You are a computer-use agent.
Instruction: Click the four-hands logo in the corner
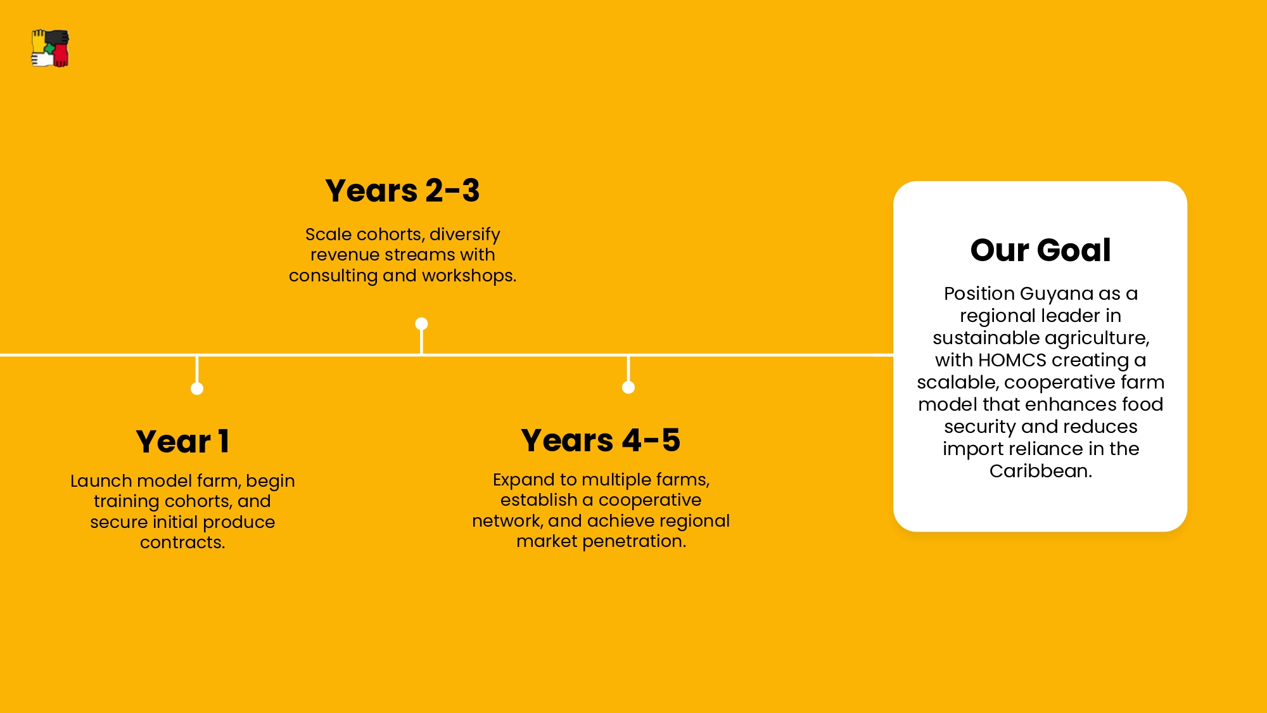coord(50,48)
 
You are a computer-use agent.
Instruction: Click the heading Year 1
coord(182,441)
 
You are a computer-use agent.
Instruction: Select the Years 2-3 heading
coord(402,190)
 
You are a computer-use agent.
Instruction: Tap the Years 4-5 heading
coord(601,440)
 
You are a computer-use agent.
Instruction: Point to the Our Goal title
coord(1040,250)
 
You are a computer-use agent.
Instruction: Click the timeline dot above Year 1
coord(197,389)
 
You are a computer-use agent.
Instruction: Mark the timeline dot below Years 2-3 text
coord(421,324)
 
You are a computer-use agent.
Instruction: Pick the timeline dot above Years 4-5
coord(628,387)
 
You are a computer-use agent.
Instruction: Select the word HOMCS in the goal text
coord(1012,360)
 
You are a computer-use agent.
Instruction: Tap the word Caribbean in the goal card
coord(1040,471)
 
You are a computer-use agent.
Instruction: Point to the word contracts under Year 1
coord(182,543)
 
